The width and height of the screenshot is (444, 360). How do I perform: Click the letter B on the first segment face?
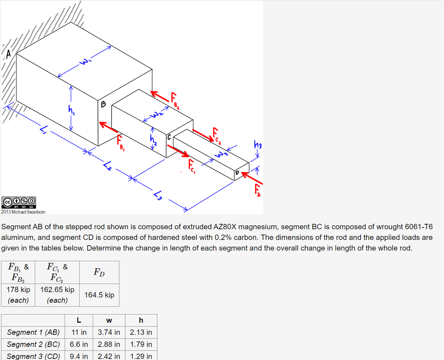coord(103,104)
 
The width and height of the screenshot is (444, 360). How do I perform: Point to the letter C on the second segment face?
coord(169,137)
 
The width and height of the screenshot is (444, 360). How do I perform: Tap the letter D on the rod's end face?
coord(237,173)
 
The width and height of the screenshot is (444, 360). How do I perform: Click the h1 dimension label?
coord(71,110)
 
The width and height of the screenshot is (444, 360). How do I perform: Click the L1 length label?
coord(44,130)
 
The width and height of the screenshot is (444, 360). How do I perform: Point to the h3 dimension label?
coord(258,145)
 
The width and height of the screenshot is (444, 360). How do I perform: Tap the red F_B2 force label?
coord(174,101)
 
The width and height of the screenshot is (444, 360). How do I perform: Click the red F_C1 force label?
coord(191,166)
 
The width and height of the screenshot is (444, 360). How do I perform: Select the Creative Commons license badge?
coord(19,202)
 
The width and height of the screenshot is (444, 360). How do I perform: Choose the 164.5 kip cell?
coord(99,295)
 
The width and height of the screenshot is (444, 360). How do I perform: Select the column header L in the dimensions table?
coord(79,320)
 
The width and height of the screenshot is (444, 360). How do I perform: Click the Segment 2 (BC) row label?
coord(33,344)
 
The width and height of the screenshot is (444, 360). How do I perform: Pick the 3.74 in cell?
coord(109,332)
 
